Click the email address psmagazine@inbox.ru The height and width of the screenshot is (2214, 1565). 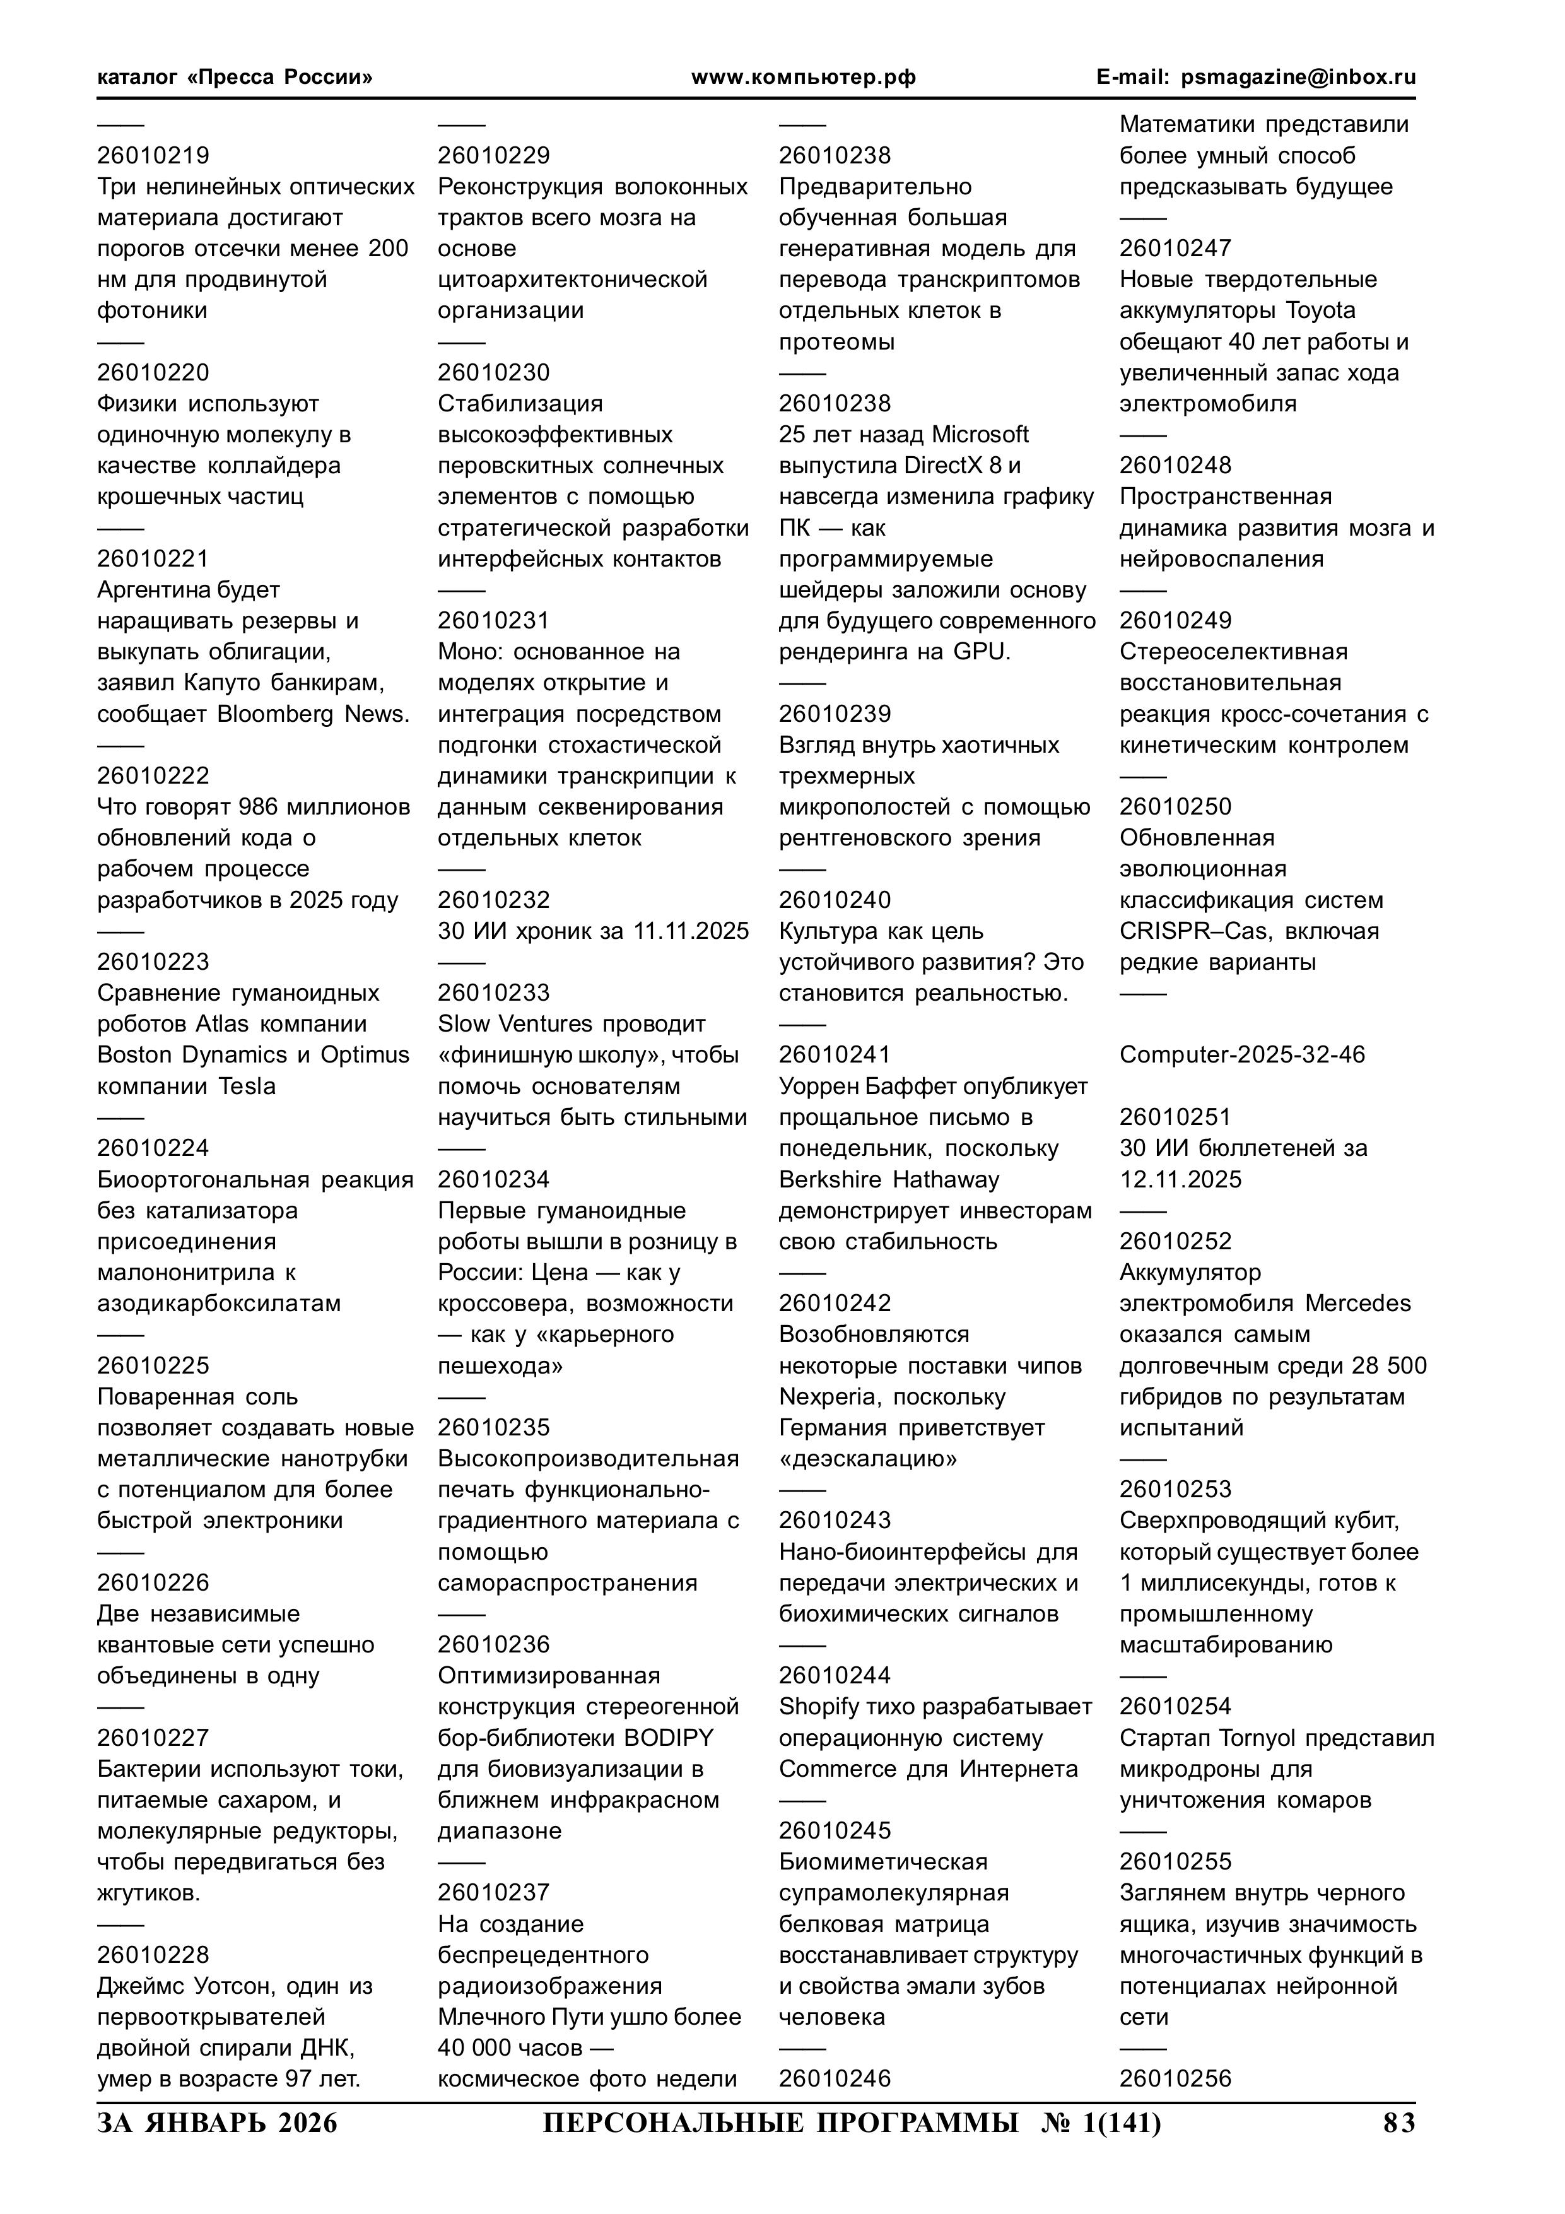(x=1298, y=77)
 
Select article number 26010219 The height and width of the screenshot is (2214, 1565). (x=153, y=155)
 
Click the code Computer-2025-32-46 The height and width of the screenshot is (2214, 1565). (x=1242, y=1055)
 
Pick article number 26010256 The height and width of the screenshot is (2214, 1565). (x=1175, y=2078)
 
